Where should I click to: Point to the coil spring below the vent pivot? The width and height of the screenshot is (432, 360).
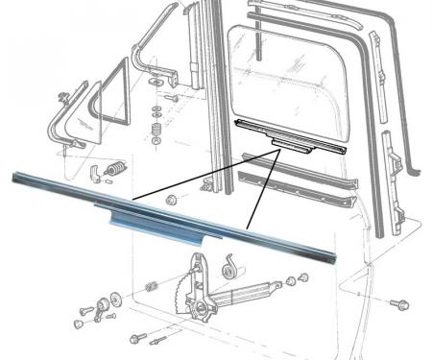[x=155, y=130]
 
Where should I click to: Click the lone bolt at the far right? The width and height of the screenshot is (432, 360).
[x=396, y=304]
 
